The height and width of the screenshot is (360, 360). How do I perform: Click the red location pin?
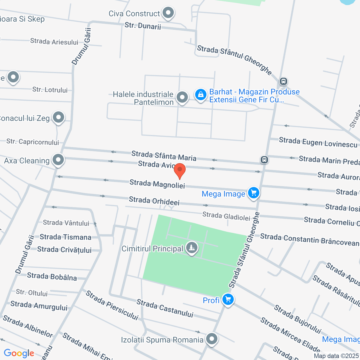coord(180,171)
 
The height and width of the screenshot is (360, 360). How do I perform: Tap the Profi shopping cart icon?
coord(228,300)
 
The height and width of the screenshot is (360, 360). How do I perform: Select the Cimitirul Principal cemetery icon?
coord(192,248)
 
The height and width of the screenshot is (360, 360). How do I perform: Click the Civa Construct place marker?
coord(168,13)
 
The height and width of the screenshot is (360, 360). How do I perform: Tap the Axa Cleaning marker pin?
coord(58,160)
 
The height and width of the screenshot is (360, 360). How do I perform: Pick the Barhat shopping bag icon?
coord(201,95)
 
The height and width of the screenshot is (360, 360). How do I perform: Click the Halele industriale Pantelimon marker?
coord(182,98)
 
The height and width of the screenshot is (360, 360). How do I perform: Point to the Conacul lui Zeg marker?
coord(58,117)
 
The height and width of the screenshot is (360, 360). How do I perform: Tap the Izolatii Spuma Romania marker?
coord(211,339)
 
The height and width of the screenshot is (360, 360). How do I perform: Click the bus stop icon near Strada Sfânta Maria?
coord(264,160)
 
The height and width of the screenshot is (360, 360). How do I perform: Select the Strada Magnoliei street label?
coord(157,184)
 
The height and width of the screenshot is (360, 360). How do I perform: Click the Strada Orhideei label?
coord(154,201)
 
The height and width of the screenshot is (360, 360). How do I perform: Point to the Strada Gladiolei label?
coord(226,216)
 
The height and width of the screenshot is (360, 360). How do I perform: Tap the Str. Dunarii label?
coord(143,26)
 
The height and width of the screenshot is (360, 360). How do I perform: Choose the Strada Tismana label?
coord(66,237)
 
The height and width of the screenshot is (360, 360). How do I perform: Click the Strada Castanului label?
coord(165,309)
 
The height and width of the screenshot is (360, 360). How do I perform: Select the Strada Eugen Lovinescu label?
coord(318,142)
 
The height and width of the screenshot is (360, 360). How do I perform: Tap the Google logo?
coord(19,353)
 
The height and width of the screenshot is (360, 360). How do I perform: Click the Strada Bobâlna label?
coord(52,276)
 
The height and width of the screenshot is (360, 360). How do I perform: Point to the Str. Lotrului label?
coord(50,90)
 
